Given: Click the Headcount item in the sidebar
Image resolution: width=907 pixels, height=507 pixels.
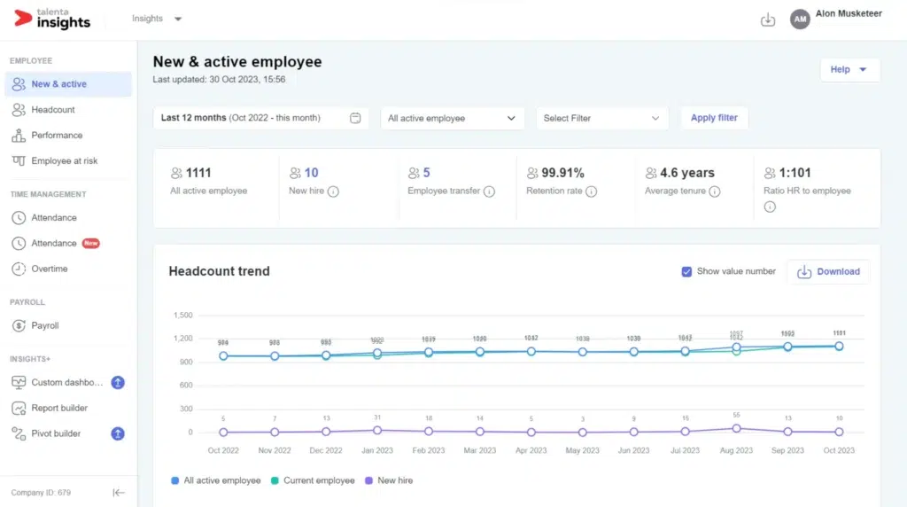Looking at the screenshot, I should (53, 110).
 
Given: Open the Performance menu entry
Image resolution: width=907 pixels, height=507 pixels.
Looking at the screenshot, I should (57, 136).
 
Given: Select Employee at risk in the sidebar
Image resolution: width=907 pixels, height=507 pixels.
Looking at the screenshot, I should (64, 161).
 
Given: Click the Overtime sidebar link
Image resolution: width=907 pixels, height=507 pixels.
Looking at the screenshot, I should (50, 269).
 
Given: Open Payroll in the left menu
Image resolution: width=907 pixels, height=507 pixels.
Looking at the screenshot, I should (45, 325).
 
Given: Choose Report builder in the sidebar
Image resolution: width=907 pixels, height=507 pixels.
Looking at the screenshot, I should (59, 408).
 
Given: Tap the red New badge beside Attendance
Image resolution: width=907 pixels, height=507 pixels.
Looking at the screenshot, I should (90, 243).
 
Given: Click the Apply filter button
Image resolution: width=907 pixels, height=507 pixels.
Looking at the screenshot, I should (714, 118).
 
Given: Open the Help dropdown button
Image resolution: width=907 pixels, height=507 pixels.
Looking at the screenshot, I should (849, 70).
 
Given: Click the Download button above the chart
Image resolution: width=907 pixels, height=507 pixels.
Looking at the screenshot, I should (828, 272).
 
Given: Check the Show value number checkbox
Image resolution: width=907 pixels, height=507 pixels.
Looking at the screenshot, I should (686, 271).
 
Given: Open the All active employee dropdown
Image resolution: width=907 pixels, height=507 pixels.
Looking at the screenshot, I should (451, 118).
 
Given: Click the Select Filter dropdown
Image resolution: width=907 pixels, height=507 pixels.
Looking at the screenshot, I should (601, 118).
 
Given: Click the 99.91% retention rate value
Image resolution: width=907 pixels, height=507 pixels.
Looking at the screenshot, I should (562, 173).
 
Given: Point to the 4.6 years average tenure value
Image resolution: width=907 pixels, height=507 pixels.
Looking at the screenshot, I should (686, 173).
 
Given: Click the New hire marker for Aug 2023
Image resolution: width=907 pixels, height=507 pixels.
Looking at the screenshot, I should (737, 428).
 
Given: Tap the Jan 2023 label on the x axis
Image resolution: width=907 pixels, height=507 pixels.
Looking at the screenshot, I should (377, 450).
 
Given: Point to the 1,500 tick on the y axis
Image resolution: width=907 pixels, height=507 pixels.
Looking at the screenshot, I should (181, 315).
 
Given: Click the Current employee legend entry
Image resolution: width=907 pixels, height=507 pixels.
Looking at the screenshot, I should (319, 480).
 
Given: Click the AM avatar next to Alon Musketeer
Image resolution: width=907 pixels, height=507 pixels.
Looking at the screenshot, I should (800, 19).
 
